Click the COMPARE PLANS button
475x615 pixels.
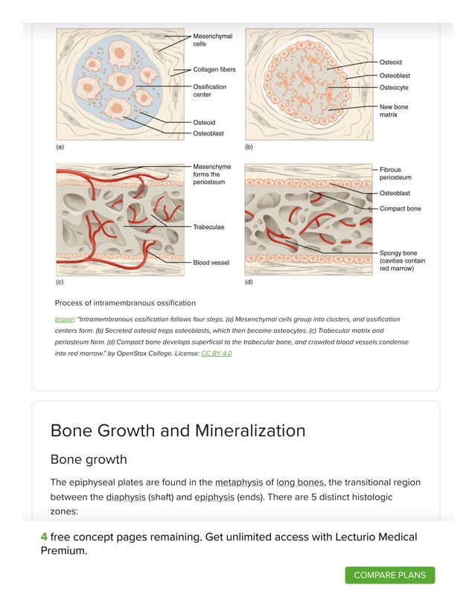pos(389,575)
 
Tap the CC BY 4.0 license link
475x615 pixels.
pos(216,353)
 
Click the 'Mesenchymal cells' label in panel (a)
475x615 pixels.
pos(212,39)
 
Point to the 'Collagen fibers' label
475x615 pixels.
pos(214,70)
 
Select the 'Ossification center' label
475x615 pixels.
pos(209,91)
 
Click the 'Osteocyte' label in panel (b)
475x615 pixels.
pos(394,88)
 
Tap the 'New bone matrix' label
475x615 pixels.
pos(393,111)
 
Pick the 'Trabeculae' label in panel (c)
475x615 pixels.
pos(208,226)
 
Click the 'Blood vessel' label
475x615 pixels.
pos(211,262)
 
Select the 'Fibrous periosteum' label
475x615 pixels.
pos(395,173)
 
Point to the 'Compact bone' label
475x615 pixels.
pos(400,208)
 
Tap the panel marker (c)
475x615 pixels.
pos(60,284)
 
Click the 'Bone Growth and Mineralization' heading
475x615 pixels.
pos(177,430)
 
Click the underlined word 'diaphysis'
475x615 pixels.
pos(125,497)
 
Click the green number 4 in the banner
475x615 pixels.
pos(44,537)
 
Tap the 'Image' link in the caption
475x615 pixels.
pos(64,319)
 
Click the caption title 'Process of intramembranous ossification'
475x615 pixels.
pos(125,303)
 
